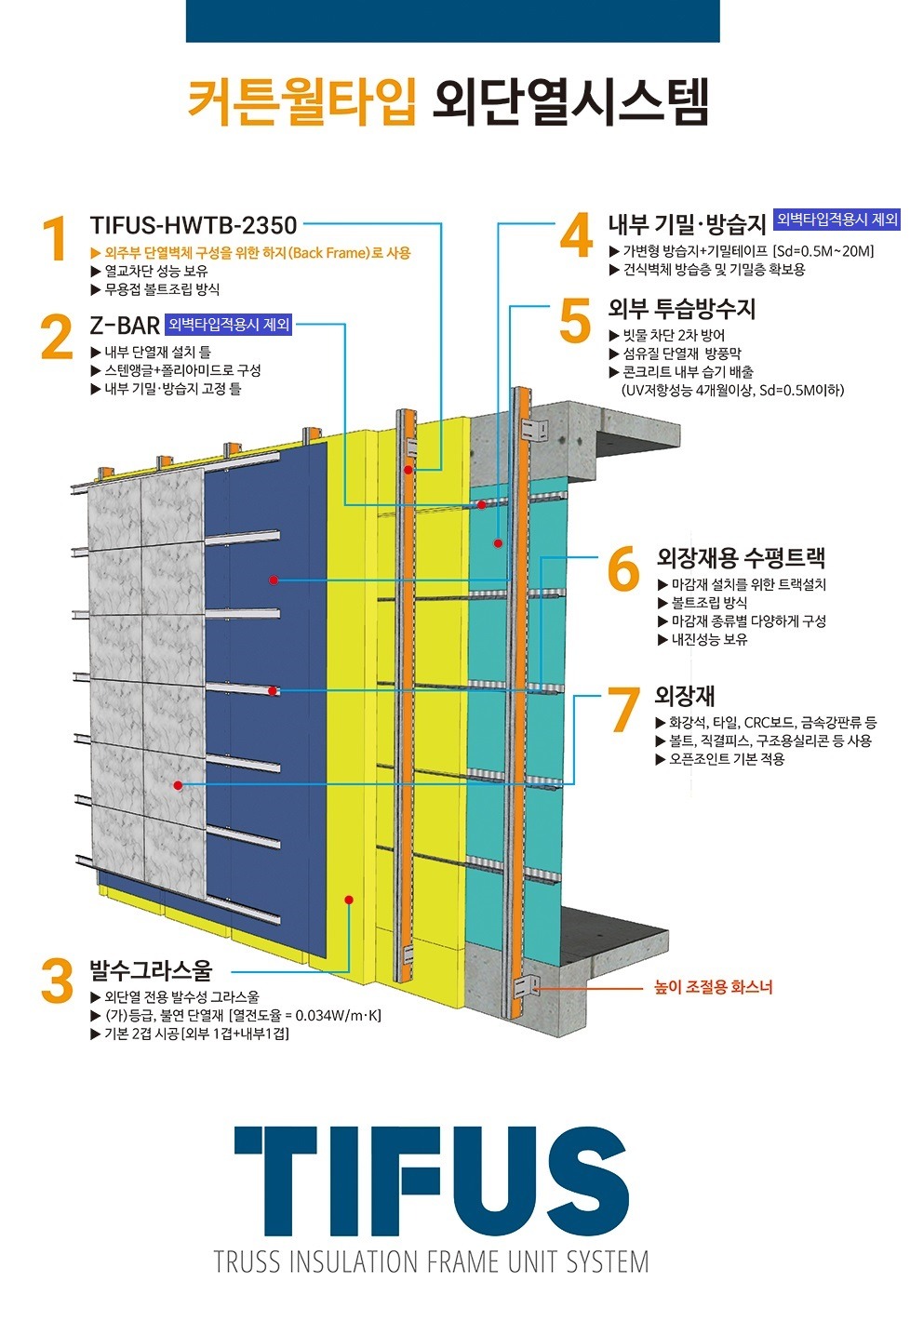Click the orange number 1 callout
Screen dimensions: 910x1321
[x=56, y=238]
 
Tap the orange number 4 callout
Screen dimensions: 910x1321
[x=576, y=235]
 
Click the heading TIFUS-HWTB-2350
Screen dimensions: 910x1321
[x=194, y=225]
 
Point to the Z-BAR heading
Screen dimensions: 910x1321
[x=125, y=325]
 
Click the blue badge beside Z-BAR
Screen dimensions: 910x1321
[x=229, y=325]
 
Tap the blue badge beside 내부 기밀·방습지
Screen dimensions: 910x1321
[x=837, y=220]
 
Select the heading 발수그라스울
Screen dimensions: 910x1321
[x=151, y=969]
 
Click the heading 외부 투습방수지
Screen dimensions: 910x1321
[x=682, y=309]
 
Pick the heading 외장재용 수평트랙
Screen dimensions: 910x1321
[x=741, y=557]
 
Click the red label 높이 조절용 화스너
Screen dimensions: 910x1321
[x=713, y=987]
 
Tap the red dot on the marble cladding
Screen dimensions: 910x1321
[x=178, y=785]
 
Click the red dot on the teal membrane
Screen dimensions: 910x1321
[x=499, y=543]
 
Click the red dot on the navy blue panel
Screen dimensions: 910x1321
[x=273, y=580]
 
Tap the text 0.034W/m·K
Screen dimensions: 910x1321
[x=338, y=1015]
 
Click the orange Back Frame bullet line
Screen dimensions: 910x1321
[x=250, y=253]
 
